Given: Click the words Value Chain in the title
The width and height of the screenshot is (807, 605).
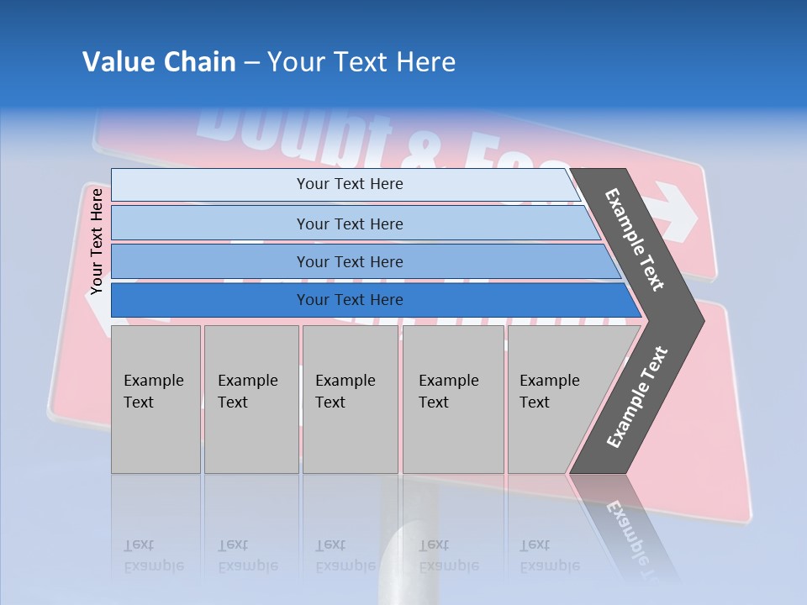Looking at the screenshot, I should (159, 62).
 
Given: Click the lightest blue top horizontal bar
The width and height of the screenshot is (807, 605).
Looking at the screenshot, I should (210, 184).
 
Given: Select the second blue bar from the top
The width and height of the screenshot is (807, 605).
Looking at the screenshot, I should (210, 224).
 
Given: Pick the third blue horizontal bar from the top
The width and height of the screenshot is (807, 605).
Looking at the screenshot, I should (210, 261).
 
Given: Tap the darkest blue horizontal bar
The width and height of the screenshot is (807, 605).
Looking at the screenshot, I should (210, 300).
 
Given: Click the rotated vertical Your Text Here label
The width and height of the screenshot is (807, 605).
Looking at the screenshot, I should (97, 241).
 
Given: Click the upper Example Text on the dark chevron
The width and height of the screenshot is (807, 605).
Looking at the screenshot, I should (635, 239).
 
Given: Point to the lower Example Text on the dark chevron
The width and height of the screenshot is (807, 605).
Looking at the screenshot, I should (637, 397).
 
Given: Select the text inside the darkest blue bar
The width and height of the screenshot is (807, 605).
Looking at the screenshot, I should (350, 300).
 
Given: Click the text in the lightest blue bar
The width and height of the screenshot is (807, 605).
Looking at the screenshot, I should (350, 184).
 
